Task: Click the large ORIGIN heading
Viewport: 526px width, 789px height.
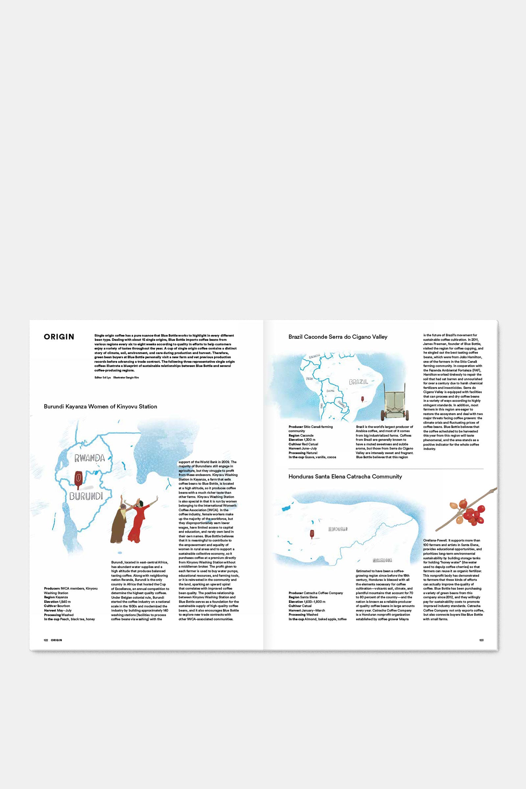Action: (59, 337)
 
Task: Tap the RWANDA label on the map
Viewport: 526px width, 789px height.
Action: (89, 458)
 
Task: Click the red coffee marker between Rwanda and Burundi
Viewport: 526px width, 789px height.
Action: (78, 477)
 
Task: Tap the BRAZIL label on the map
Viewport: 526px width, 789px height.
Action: (358, 382)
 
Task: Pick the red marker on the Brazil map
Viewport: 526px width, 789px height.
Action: (362, 399)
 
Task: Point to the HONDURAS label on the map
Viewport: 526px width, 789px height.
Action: (338, 529)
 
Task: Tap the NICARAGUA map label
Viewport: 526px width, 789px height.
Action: (382, 560)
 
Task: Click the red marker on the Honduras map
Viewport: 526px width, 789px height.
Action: (312, 533)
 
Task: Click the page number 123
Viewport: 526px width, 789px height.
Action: (481, 640)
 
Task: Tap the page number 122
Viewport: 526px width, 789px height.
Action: (46, 640)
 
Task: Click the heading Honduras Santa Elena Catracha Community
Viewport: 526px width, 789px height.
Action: (345, 476)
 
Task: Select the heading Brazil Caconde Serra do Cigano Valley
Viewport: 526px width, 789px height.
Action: (338, 337)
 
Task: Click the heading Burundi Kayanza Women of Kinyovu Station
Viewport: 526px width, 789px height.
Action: (100, 407)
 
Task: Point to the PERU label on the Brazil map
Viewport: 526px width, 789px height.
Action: (310, 378)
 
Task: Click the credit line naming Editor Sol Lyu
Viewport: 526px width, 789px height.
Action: (103, 377)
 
